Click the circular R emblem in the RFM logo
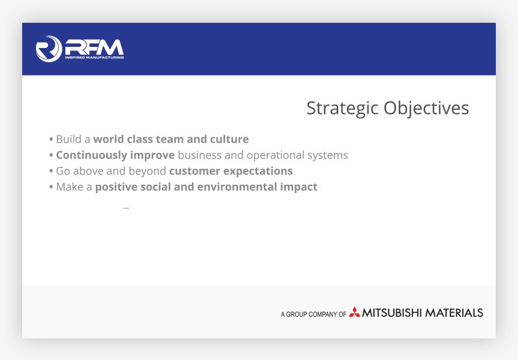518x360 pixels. click(49, 49)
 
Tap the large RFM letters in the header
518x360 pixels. click(95, 47)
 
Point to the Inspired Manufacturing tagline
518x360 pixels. click(95, 58)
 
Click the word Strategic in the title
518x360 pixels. click(342, 108)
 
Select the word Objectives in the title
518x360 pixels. click(426, 108)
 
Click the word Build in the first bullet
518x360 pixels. click(69, 139)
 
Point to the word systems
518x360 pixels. click(327, 155)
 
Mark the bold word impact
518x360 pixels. click(299, 187)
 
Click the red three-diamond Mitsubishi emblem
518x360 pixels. click(354, 312)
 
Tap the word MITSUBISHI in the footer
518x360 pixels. click(392, 313)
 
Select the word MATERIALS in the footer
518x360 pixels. click(454, 313)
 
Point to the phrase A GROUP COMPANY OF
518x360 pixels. click(314, 314)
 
